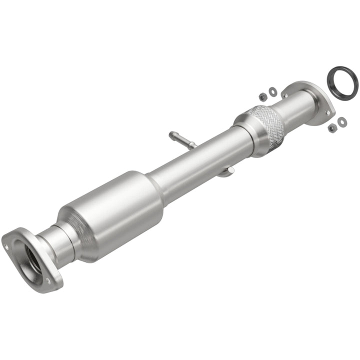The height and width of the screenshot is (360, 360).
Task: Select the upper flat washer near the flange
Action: click(272, 91)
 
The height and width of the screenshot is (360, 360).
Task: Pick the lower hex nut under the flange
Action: click(332, 128)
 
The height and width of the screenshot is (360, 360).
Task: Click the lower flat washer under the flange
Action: click(342, 121)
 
